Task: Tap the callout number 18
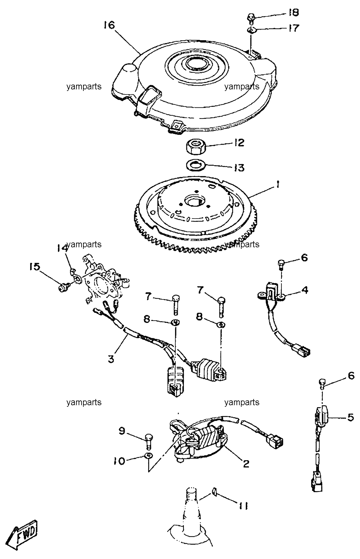coord(293,13)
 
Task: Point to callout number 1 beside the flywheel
coord(277,186)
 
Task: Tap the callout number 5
coord(351,417)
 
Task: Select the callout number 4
coord(304,290)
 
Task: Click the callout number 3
coord(111,359)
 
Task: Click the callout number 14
coord(63,248)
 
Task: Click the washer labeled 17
coord(251,30)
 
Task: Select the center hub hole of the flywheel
coord(193,201)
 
